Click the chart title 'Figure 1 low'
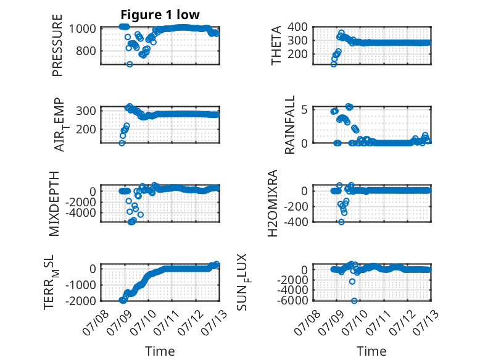[160, 15]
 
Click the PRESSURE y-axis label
[57, 45]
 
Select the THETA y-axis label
[276, 45]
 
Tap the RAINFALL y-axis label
[289, 125]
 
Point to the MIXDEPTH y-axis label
[54, 204]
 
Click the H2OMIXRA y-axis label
[273, 203]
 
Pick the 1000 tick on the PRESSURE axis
[83, 29]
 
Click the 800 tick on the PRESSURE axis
[86, 51]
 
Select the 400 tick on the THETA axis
[297, 27]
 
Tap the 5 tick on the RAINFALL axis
[304, 110]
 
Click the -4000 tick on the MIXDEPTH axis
[81, 212]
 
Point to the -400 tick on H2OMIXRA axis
[296, 222]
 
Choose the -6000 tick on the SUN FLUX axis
[292, 301]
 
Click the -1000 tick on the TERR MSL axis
[81, 285]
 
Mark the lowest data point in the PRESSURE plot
[130, 64]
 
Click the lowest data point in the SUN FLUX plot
[354, 301]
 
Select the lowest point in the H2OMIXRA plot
[341, 222]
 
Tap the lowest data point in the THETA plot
[334, 64]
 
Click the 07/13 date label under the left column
[214, 322]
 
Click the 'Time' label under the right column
[371, 351]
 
